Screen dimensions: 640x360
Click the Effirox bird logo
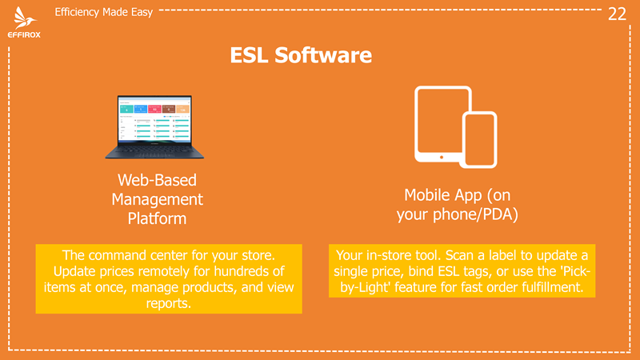[x=25, y=18]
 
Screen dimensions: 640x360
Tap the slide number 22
[x=617, y=14]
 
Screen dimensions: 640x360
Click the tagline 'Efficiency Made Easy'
[x=104, y=12]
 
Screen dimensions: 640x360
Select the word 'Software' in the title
[x=323, y=55]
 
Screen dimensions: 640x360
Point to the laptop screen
[x=154, y=120]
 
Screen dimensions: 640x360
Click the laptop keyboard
[x=154, y=152]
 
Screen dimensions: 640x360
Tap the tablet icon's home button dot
[x=442, y=157]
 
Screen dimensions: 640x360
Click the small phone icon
[x=479, y=139]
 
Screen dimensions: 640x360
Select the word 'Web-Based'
[x=157, y=180]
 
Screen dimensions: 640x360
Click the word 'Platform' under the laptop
[x=157, y=218]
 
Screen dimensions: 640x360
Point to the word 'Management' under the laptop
[x=157, y=199]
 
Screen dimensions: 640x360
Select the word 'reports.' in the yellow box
[x=169, y=303]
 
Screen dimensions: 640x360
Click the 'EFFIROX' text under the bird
[x=24, y=35]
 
